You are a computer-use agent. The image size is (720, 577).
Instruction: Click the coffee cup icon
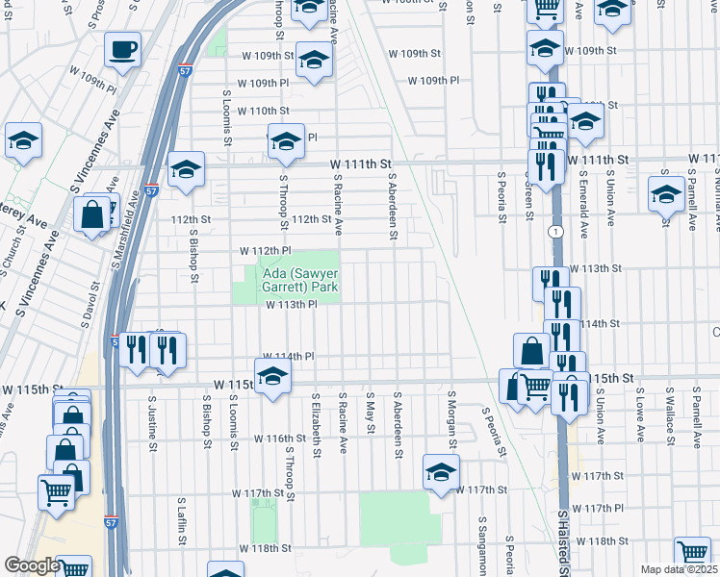coord(122,50)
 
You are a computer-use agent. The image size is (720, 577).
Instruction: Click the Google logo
coord(31,565)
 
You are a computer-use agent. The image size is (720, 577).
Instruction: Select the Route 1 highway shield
coord(555,232)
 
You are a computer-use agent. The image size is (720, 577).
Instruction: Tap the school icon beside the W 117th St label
coord(441,473)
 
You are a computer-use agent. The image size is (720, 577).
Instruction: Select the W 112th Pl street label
coord(265,251)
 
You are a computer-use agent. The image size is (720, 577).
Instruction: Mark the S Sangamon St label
coord(482,538)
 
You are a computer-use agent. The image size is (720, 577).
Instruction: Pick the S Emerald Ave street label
coord(583,205)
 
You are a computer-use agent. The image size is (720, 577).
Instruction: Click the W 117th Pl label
coord(598,507)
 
